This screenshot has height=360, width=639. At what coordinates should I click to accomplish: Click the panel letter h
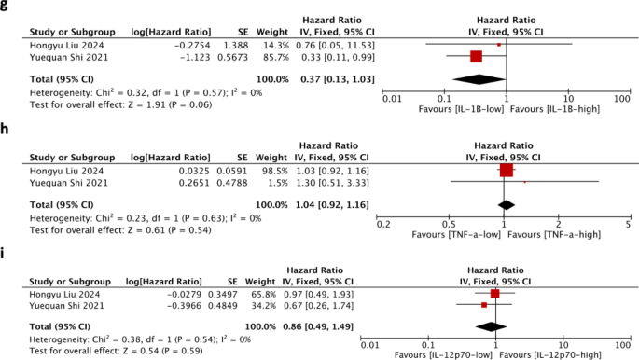click(6, 130)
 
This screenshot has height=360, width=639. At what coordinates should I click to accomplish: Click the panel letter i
click(6, 252)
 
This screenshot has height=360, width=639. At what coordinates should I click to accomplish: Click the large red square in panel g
click(476, 56)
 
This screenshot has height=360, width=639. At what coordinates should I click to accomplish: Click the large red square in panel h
click(507, 171)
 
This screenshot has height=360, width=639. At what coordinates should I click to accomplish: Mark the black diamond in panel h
click(507, 202)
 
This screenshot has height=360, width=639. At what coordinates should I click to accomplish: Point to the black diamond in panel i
click(489, 326)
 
